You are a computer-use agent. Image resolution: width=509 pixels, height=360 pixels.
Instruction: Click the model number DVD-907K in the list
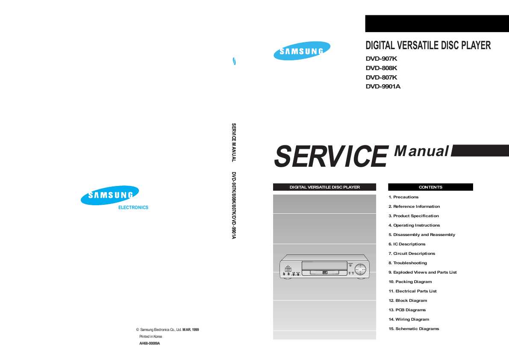[381, 59]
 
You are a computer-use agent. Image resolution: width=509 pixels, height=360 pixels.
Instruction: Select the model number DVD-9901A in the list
[383, 86]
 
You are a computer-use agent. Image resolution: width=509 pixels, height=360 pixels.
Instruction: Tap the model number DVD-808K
[381, 68]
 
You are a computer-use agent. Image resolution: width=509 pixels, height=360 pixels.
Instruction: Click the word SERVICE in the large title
[331, 156]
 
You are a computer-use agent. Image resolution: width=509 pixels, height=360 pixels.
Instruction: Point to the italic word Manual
[422, 151]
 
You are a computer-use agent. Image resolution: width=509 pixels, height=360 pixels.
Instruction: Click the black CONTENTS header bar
[430, 187]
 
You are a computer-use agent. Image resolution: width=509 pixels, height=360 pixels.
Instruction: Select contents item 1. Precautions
[403, 197]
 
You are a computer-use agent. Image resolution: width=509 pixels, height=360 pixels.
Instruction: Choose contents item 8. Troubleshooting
[408, 263]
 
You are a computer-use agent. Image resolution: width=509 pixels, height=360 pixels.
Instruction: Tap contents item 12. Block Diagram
[408, 301]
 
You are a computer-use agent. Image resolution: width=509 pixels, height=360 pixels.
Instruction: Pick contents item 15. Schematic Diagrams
[414, 329]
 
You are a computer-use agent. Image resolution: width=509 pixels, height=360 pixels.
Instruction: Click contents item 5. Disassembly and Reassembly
[422, 235]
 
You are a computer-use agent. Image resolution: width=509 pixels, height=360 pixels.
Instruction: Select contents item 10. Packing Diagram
[410, 282]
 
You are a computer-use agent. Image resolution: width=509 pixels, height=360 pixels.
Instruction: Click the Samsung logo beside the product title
[302, 50]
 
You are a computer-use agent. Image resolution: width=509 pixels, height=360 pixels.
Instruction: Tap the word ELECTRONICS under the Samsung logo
[133, 207]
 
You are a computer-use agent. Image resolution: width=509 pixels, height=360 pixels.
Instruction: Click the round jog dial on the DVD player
[360, 269]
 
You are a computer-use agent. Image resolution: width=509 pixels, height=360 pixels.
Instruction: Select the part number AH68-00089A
[150, 343]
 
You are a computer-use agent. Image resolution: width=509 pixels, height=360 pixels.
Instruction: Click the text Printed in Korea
[150, 336]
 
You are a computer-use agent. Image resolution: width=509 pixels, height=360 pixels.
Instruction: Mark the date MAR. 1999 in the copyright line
[191, 330]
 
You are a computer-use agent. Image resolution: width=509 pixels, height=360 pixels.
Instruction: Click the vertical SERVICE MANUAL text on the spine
[234, 143]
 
